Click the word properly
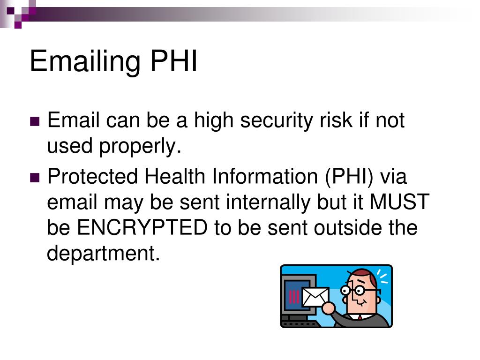(140, 147)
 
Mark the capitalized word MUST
(399, 202)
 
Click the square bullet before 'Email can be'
(35, 122)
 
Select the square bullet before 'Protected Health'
(35, 178)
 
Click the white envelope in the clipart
(315, 296)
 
